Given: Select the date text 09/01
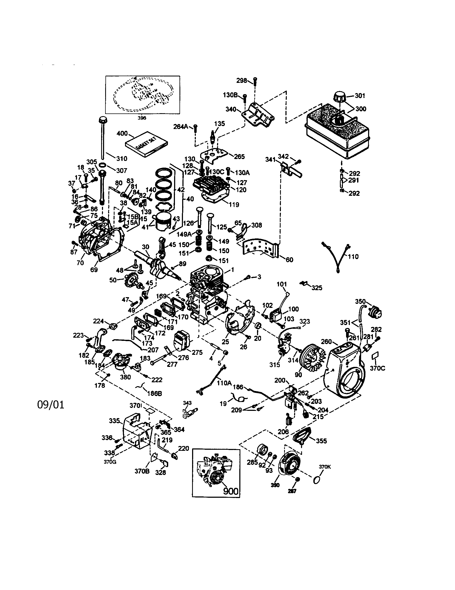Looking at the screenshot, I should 51,405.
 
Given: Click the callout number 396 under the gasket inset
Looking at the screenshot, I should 142,118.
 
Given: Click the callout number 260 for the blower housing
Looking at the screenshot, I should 326,342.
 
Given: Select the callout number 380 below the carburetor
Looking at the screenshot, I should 125,377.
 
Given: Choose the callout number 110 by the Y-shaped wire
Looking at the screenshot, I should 353,256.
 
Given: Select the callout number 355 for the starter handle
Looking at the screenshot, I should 321,441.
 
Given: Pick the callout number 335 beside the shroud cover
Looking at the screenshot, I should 114,421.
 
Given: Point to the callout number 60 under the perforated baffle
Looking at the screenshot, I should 289,260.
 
